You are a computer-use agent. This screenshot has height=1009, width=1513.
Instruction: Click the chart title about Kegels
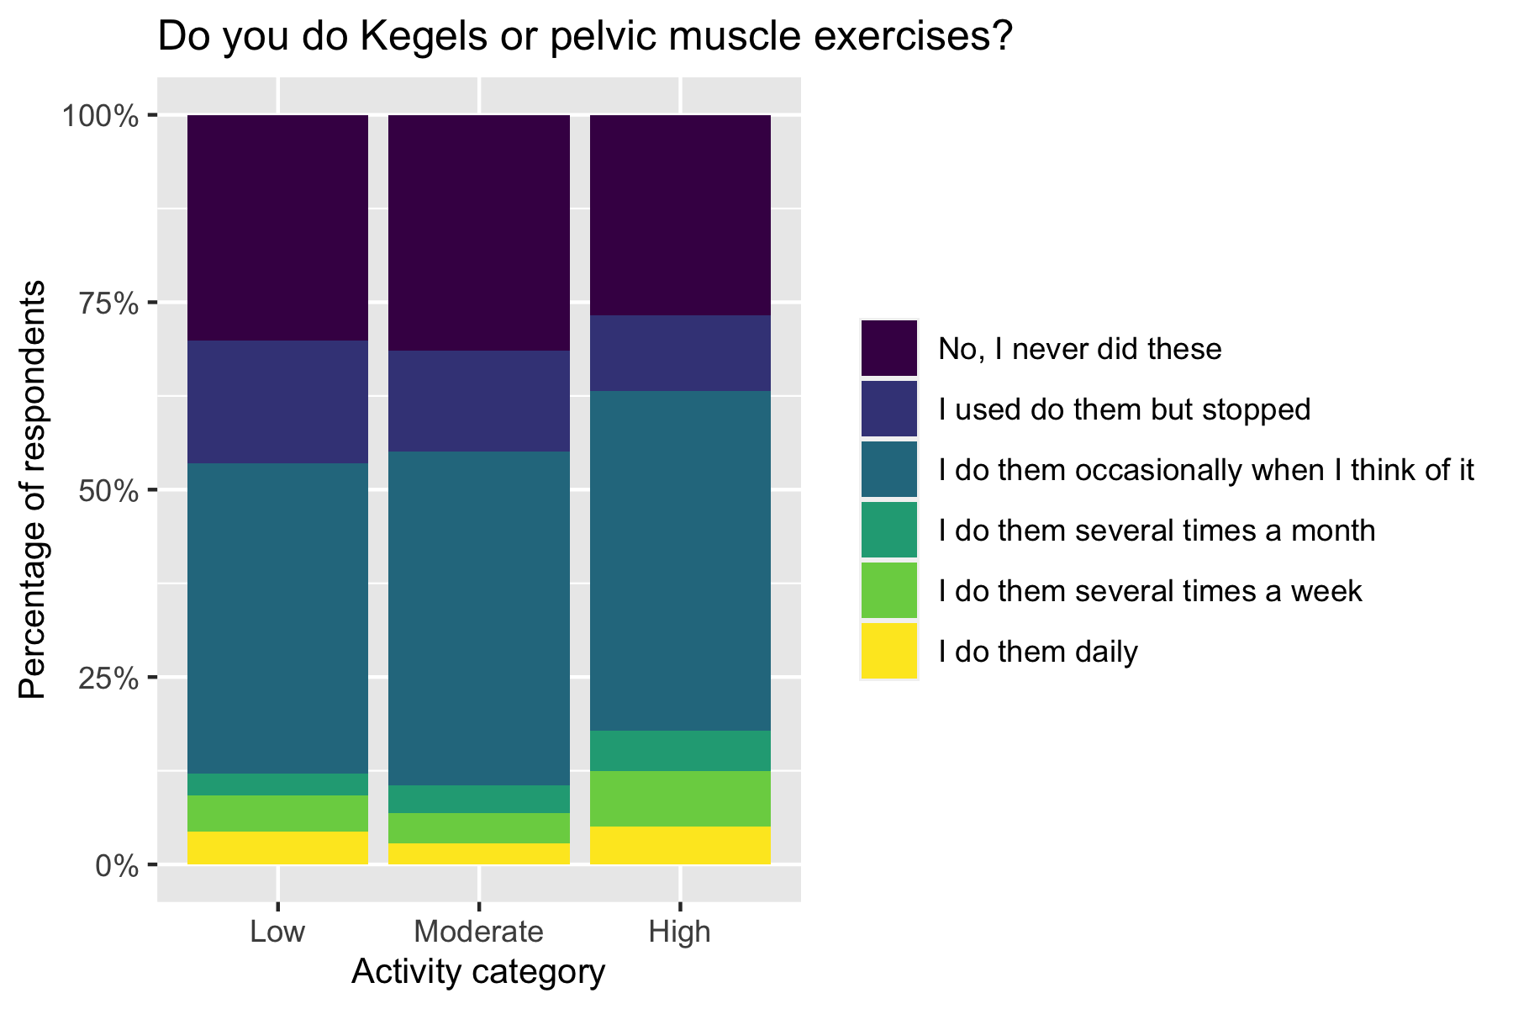tap(584, 38)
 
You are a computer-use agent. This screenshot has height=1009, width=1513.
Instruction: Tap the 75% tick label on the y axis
tap(108, 303)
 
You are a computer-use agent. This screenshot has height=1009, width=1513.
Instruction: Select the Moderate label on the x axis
tap(479, 932)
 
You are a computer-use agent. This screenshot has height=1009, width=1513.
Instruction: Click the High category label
tap(680, 932)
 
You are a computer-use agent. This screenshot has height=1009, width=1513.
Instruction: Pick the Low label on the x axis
tap(277, 932)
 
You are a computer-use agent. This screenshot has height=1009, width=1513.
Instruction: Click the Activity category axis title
tap(478, 972)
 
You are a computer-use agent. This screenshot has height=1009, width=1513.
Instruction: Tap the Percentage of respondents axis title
tap(34, 490)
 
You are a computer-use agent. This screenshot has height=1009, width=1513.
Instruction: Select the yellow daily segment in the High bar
tap(680, 846)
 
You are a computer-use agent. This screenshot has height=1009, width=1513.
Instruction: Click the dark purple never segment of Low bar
tap(277, 227)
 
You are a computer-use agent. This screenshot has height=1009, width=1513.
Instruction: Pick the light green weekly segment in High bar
tap(680, 799)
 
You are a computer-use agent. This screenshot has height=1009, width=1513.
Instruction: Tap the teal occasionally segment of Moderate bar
tap(479, 618)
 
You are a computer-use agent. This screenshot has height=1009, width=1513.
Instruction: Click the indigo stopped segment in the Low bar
tap(277, 402)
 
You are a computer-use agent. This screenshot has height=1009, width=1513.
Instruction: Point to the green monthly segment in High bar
tap(680, 751)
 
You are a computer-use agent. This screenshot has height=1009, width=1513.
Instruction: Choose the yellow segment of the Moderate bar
tap(479, 853)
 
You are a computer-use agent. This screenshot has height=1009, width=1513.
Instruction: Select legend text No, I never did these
tap(1079, 349)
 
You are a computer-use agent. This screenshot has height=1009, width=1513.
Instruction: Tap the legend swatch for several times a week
tap(889, 591)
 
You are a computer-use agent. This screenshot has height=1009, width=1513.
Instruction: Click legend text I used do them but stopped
tap(1124, 409)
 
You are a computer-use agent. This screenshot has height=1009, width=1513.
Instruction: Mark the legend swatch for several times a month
tap(889, 531)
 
